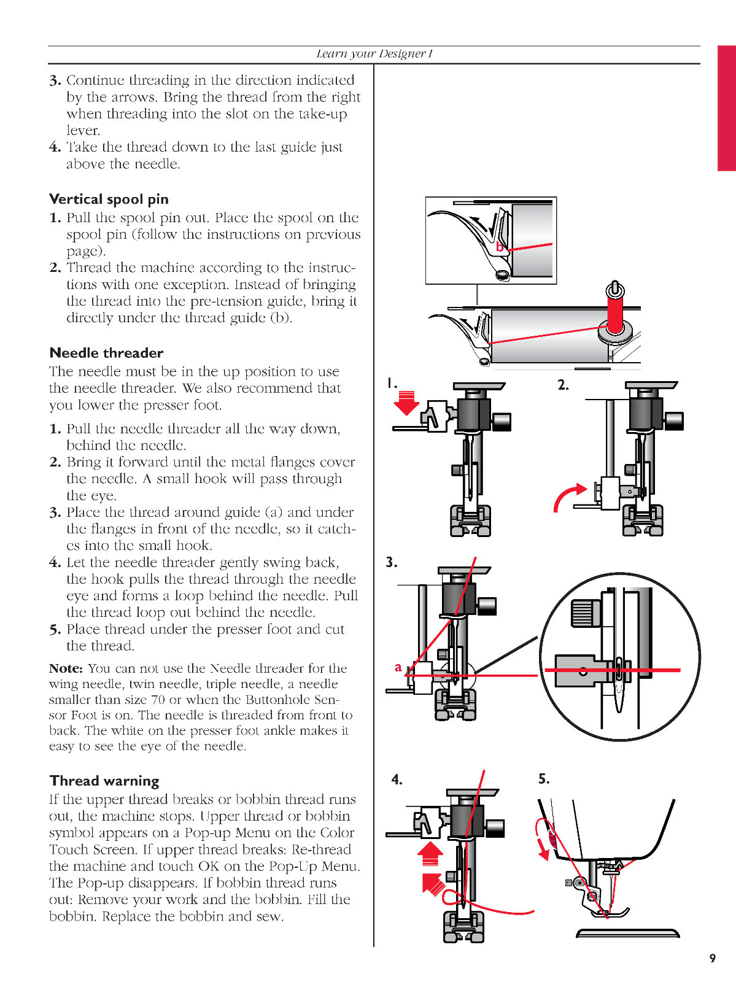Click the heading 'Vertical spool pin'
pyautogui.click(x=109, y=199)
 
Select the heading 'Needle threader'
pyautogui.click(x=106, y=353)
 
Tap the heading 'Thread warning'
pyautogui.click(x=104, y=781)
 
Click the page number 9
pyautogui.click(x=712, y=958)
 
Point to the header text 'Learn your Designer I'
pyautogui.click(x=374, y=54)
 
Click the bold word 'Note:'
pyautogui.click(x=66, y=668)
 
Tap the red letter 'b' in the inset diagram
pyautogui.click(x=500, y=247)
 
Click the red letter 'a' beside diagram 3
pyautogui.click(x=398, y=667)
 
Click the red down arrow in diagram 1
pyautogui.click(x=406, y=403)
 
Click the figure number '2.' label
pyautogui.click(x=563, y=385)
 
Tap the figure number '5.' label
pyautogui.click(x=544, y=779)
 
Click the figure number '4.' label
pyautogui.click(x=397, y=779)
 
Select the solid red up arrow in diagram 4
pyautogui.click(x=430, y=854)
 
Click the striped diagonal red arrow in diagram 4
pyautogui.click(x=433, y=883)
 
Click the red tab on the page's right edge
pyautogui.click(x=726, y=108)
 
